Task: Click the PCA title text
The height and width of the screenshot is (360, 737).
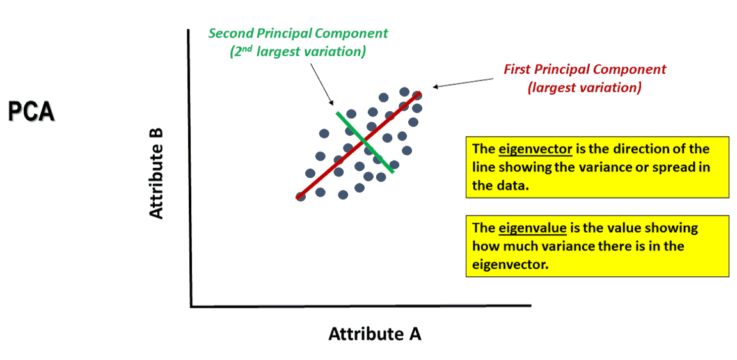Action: (x=31, y=111)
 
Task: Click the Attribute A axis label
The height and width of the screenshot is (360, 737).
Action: (x=375, y=334)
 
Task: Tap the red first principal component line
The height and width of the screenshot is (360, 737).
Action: (x=333, y=166)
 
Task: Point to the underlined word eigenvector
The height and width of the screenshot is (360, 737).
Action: (x=535, y=149)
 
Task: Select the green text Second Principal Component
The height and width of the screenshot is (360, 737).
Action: (x=298, y=33)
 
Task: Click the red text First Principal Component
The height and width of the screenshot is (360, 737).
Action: (x=585, y=69)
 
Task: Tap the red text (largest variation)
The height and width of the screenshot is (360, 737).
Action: (x=585, y=88)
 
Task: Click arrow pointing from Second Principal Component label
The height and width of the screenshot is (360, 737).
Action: (x=323, y=84)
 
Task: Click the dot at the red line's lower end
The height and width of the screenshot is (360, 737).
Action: (x=301, y=196)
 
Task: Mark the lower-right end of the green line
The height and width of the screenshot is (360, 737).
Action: (x=392, y=171)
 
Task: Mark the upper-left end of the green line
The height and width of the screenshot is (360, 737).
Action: (x=338, y=113)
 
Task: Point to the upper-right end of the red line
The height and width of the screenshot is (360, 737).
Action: (x=420, y=93)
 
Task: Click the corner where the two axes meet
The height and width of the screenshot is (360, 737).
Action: (x=191, y=306)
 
